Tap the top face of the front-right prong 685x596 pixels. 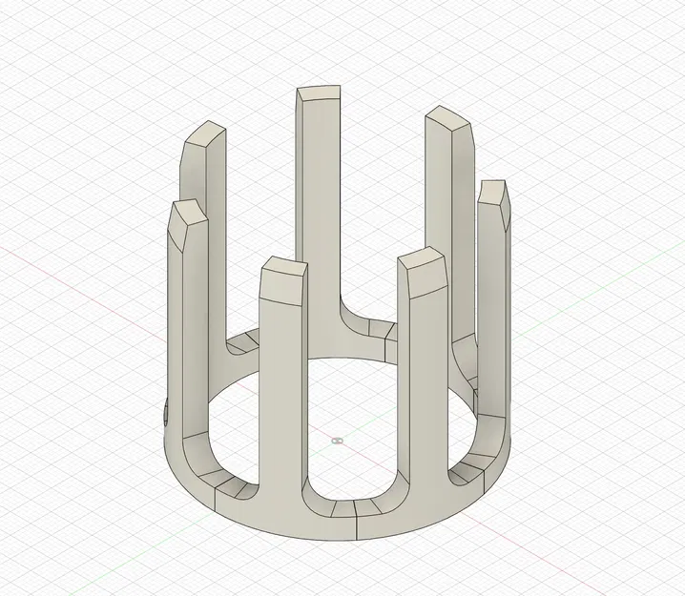[422, 259]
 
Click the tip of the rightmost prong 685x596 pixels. [493, 191]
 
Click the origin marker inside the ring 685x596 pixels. [336, 441]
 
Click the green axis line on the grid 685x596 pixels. [611, 286]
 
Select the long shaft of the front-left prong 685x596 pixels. [281, 391]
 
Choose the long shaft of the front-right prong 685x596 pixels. [426, 381]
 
